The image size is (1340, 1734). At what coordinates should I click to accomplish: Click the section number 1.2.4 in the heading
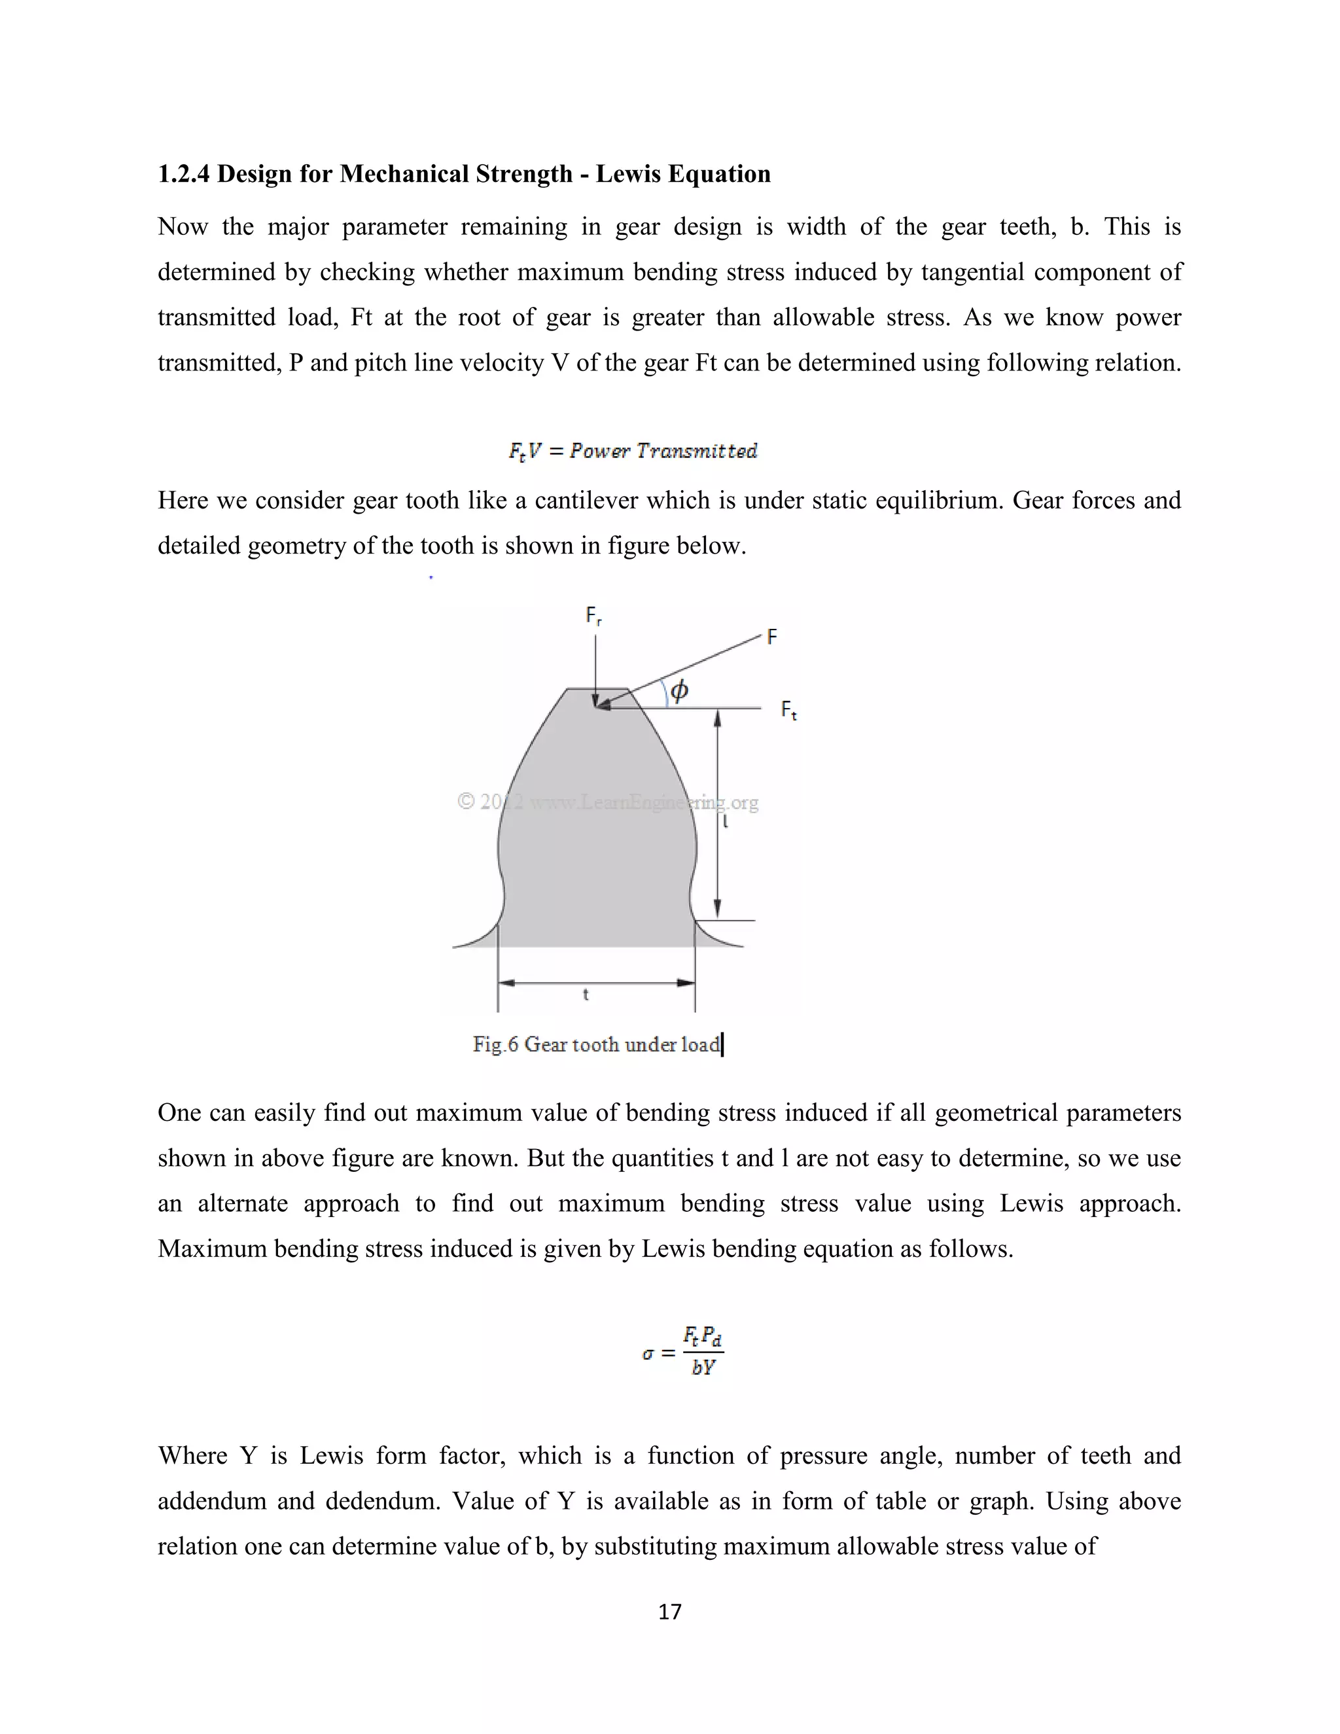coord(183,174)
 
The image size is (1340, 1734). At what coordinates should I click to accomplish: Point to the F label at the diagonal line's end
coord(771,637)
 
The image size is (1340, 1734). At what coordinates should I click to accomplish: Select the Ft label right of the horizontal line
coord(788,710)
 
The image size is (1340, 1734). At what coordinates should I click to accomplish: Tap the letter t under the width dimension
coord(586,995)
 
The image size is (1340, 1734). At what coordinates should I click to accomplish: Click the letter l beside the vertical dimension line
coord(726,823)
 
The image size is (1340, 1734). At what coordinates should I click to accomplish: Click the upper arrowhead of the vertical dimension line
coord(718,718)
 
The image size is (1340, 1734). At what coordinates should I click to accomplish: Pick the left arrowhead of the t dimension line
coord(506,983)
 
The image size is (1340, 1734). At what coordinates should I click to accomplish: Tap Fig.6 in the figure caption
coord(495,1044)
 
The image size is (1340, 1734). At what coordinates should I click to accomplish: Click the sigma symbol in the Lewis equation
coord(648,1353)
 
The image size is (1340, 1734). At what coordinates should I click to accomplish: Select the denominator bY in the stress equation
coord(703,1367)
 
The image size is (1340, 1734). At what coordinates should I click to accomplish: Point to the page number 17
coord(670,1611)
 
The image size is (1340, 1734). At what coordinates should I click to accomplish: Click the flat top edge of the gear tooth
coord(597,688)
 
